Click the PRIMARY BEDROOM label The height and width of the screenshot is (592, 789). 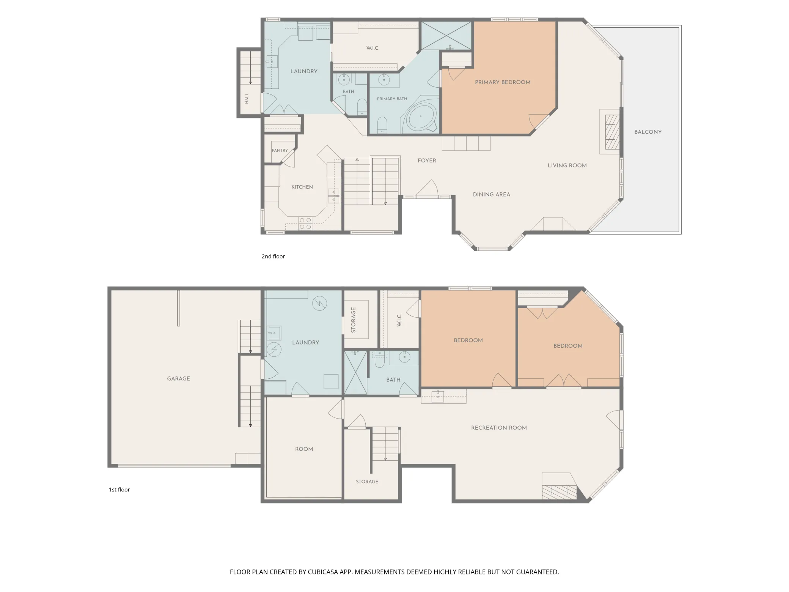pyautogui.click(x=503, y=82)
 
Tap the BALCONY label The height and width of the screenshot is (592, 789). pyautogui.click(x=648, y=132)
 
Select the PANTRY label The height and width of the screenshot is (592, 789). pyautogui.click(x=280, y=150)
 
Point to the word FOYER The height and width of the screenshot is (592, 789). pyautogui.click(x=427, y=161)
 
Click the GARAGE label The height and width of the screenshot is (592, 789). pyautogui.click(x=178, y=378)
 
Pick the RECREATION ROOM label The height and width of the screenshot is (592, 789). pyautogui.click(x=499, y=428)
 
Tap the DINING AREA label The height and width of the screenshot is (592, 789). pyautogui.click(x=491, y=194)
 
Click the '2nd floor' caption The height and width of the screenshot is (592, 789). pyautogui.click(x=273, y=257)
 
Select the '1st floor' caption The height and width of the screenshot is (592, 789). pyautogui.click(x=119, y=490)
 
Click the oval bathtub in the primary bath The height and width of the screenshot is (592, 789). pyautogui.click(x=421, y=116)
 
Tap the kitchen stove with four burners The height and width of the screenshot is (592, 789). pyautogui.click(x=305, y=224)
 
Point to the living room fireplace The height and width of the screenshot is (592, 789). pyautogui.click(x=612, y=132)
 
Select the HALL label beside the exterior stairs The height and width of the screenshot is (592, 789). pyautogui.click(x=247, y=98)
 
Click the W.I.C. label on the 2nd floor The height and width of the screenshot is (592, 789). pyautogui.click(x=372, y=48)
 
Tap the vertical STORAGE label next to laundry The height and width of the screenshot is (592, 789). pyautogui.click(x=354, y=320)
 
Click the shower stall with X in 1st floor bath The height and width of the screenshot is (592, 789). pyautogui.click(x=355, y=372)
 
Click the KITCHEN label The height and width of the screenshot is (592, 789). pyautogui.click(x=302, y=187)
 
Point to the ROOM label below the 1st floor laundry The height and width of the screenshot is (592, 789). pyautogui.click(x=304, y=449)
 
